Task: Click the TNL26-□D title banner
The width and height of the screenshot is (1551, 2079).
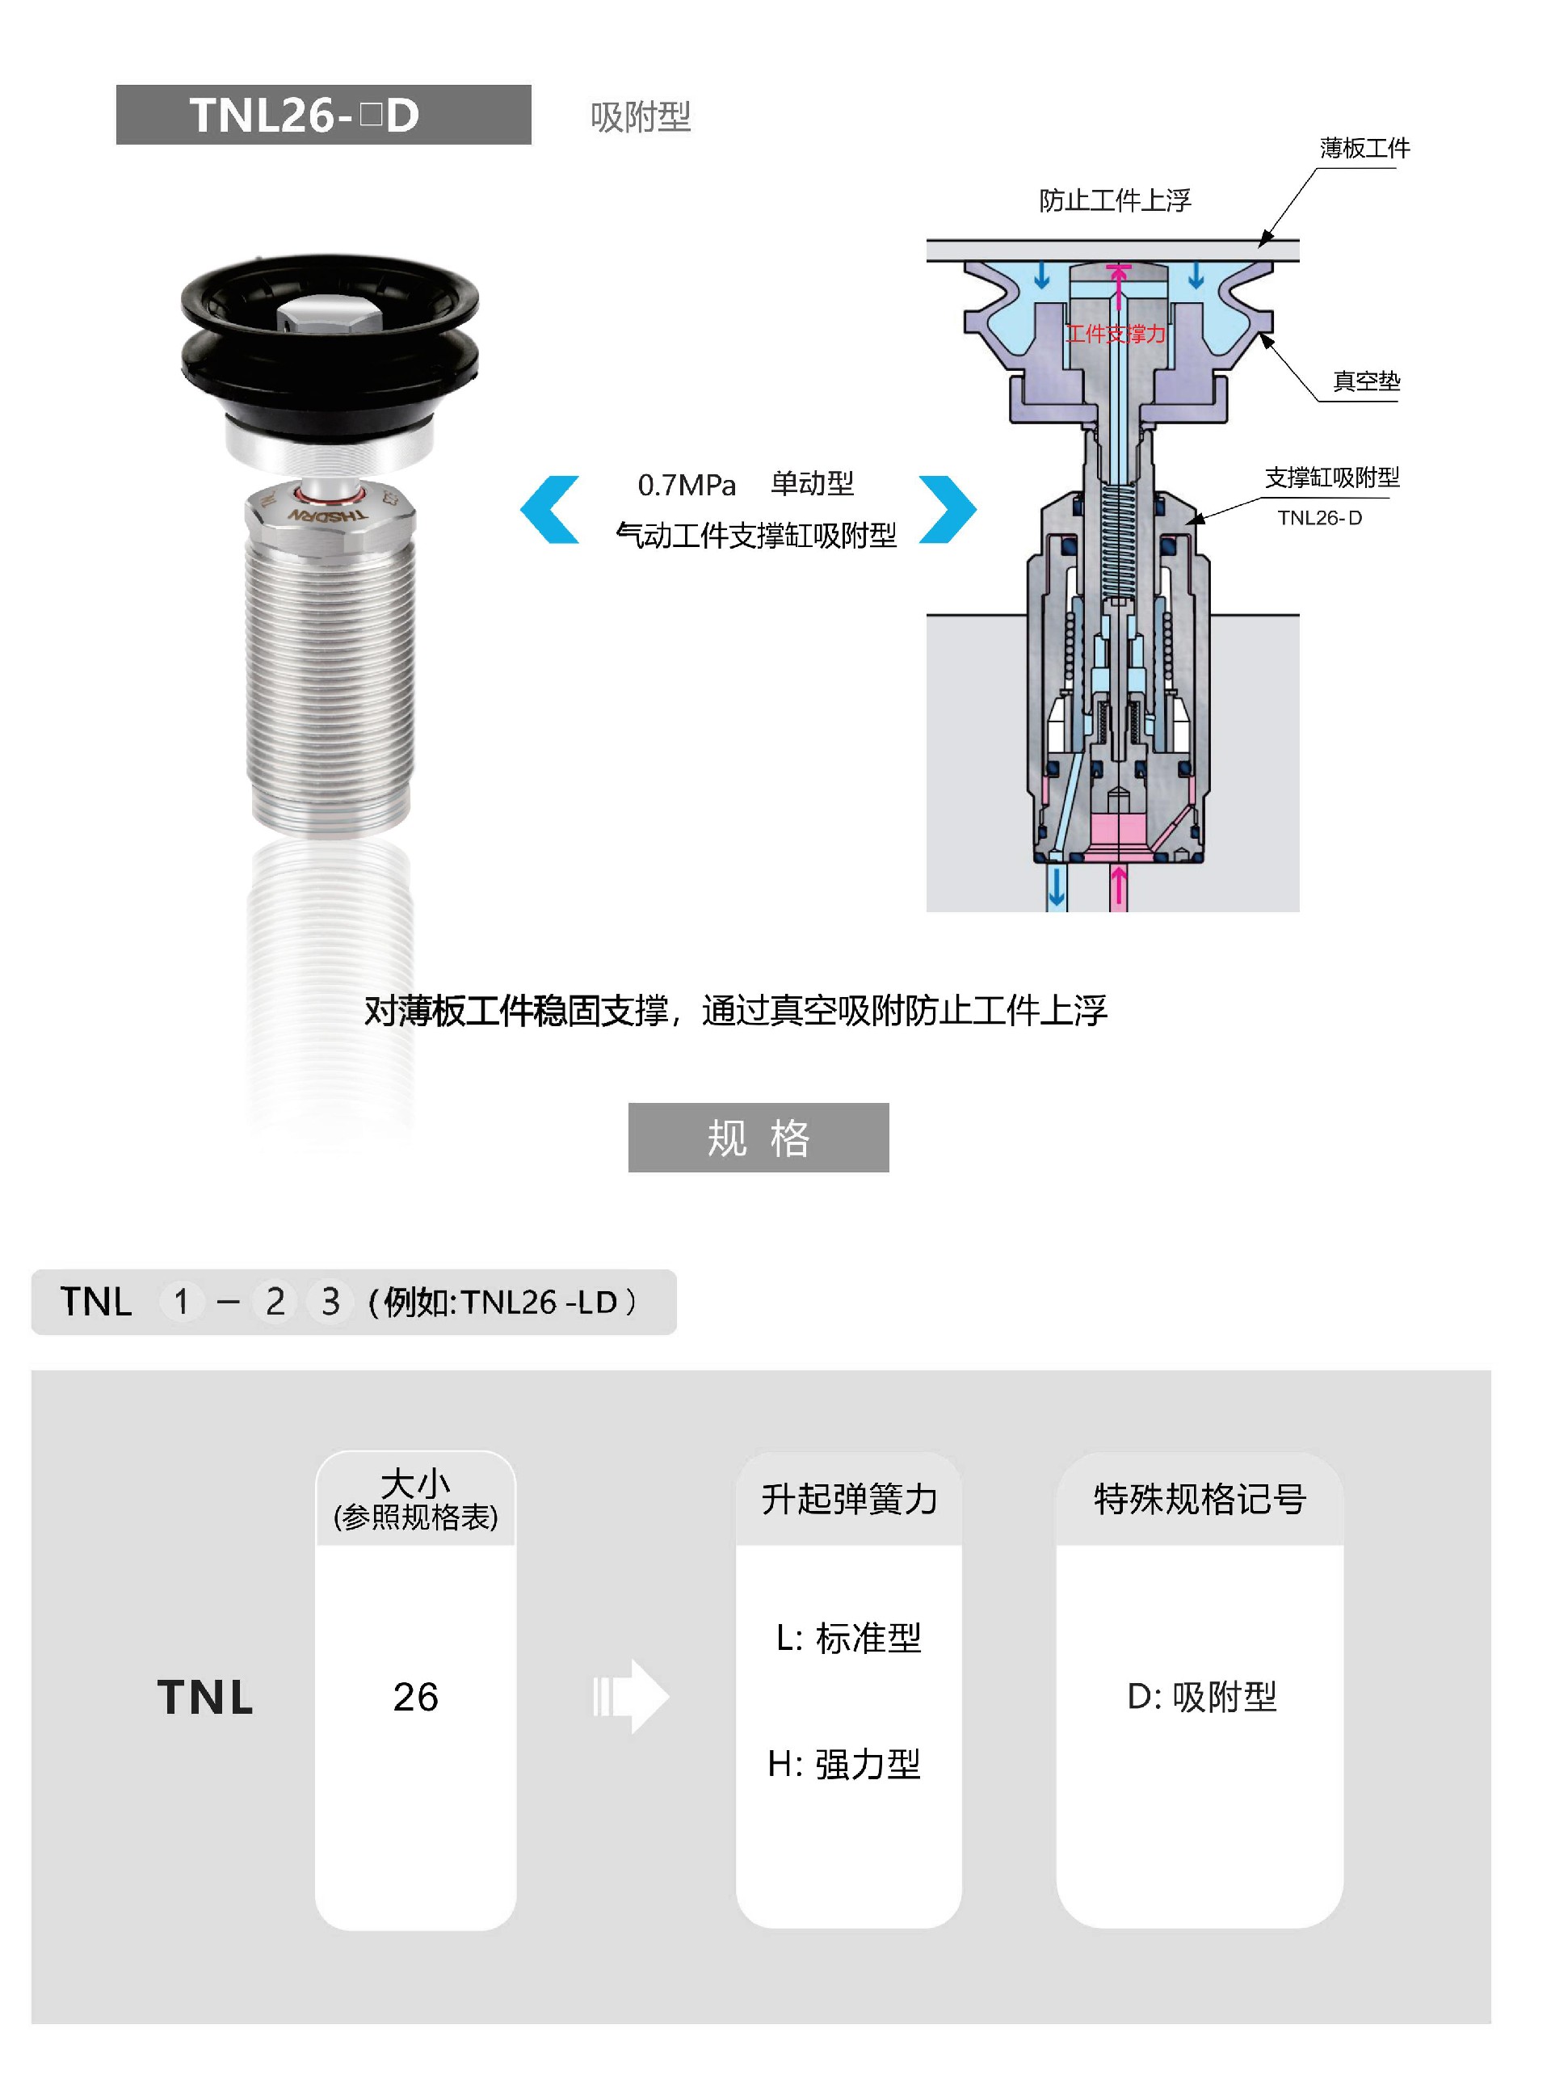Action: pyautogui.click(x=323, y=115)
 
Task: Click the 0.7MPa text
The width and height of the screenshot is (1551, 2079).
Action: pyautogui.click(x=687, y=485)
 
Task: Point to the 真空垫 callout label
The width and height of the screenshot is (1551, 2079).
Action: pyautogui.click(x=1366, y=381)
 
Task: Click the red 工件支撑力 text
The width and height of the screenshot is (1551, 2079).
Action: pyautogui.click(x=1116, y=334)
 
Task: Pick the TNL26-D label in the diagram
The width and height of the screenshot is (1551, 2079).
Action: pyautogui.click(x=1319, y=517)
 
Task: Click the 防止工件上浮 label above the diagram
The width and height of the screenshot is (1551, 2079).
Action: pyautogui.click(x=1115, y=200)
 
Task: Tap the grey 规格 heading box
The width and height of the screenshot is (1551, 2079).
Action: pyautogui.click(x=759, y=1137)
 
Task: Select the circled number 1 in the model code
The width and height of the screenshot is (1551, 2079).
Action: pyautogui.click(x=182, y=1302)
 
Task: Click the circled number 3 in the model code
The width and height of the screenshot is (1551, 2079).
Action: pyautogui.click(x=330, y=1302)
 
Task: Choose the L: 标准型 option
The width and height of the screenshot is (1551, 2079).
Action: pyautogui.click(x=849, y=1639)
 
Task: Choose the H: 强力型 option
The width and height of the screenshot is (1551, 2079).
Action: pyautogui.click(x=844, y=1765)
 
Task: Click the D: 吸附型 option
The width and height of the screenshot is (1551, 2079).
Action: pyautogui.click(x=1202, y=1697)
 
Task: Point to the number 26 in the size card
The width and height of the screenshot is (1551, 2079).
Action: pyautogui.click(x=416, y=1697)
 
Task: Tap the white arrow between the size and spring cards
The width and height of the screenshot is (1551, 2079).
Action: pyautogui.click(x=631, y=1697)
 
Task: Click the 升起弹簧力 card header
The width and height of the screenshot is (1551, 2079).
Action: pyautogui.click(x=849, y=1500)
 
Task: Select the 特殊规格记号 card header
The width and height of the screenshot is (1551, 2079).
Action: pyautogui.click(x=1200, y=1500)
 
